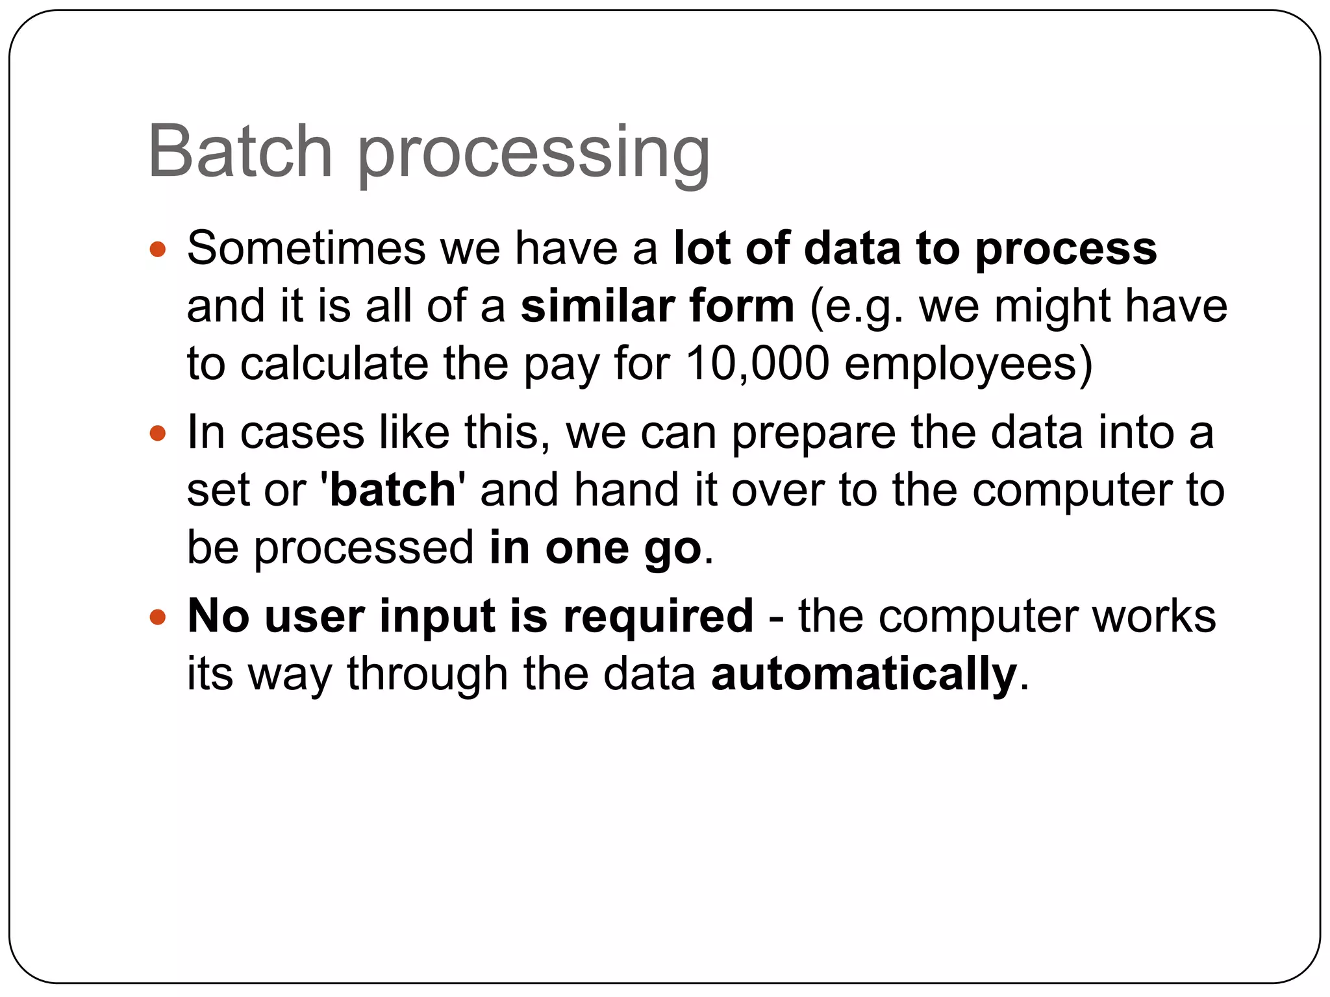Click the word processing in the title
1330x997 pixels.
pyautogui.click(x=534, y=156)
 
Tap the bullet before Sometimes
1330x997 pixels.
pyautogui.click(x=158, y=249)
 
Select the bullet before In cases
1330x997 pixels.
pyautogui.click(x=158, y=433)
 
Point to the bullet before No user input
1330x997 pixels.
pyautogui.click(x=158, y=617)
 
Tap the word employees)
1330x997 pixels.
pyautogui.click(x=968, y=365)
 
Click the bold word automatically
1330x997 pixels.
pyautogui.click(x=864, y=675)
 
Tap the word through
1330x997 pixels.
pyautogui.click(x=427, y=675)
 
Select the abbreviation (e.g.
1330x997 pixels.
pyautogui.click(x=857, y=307)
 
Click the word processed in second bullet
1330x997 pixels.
pyautogui.click(x=363, y=549)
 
